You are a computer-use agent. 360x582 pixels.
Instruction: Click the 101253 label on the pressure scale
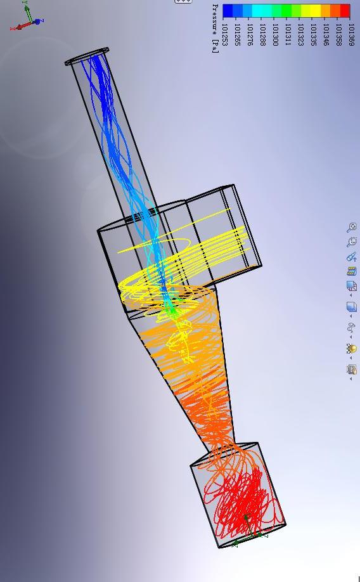click(x=225, y=35)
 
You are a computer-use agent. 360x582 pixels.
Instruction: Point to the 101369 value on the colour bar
click(x=352, y=35)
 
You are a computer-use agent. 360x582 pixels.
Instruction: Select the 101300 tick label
click(x=275, y=35)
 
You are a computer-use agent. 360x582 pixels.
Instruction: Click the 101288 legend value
click(x=263, y=35)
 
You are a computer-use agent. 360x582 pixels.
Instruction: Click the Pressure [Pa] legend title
click(x=215, y=29)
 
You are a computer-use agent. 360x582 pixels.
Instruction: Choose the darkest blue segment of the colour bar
click(x=228, y=11)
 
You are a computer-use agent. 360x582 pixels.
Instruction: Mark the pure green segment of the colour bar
click(x=286, y=11)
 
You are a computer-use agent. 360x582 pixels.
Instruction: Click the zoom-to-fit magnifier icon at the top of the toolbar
click(x=352, y=227)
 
